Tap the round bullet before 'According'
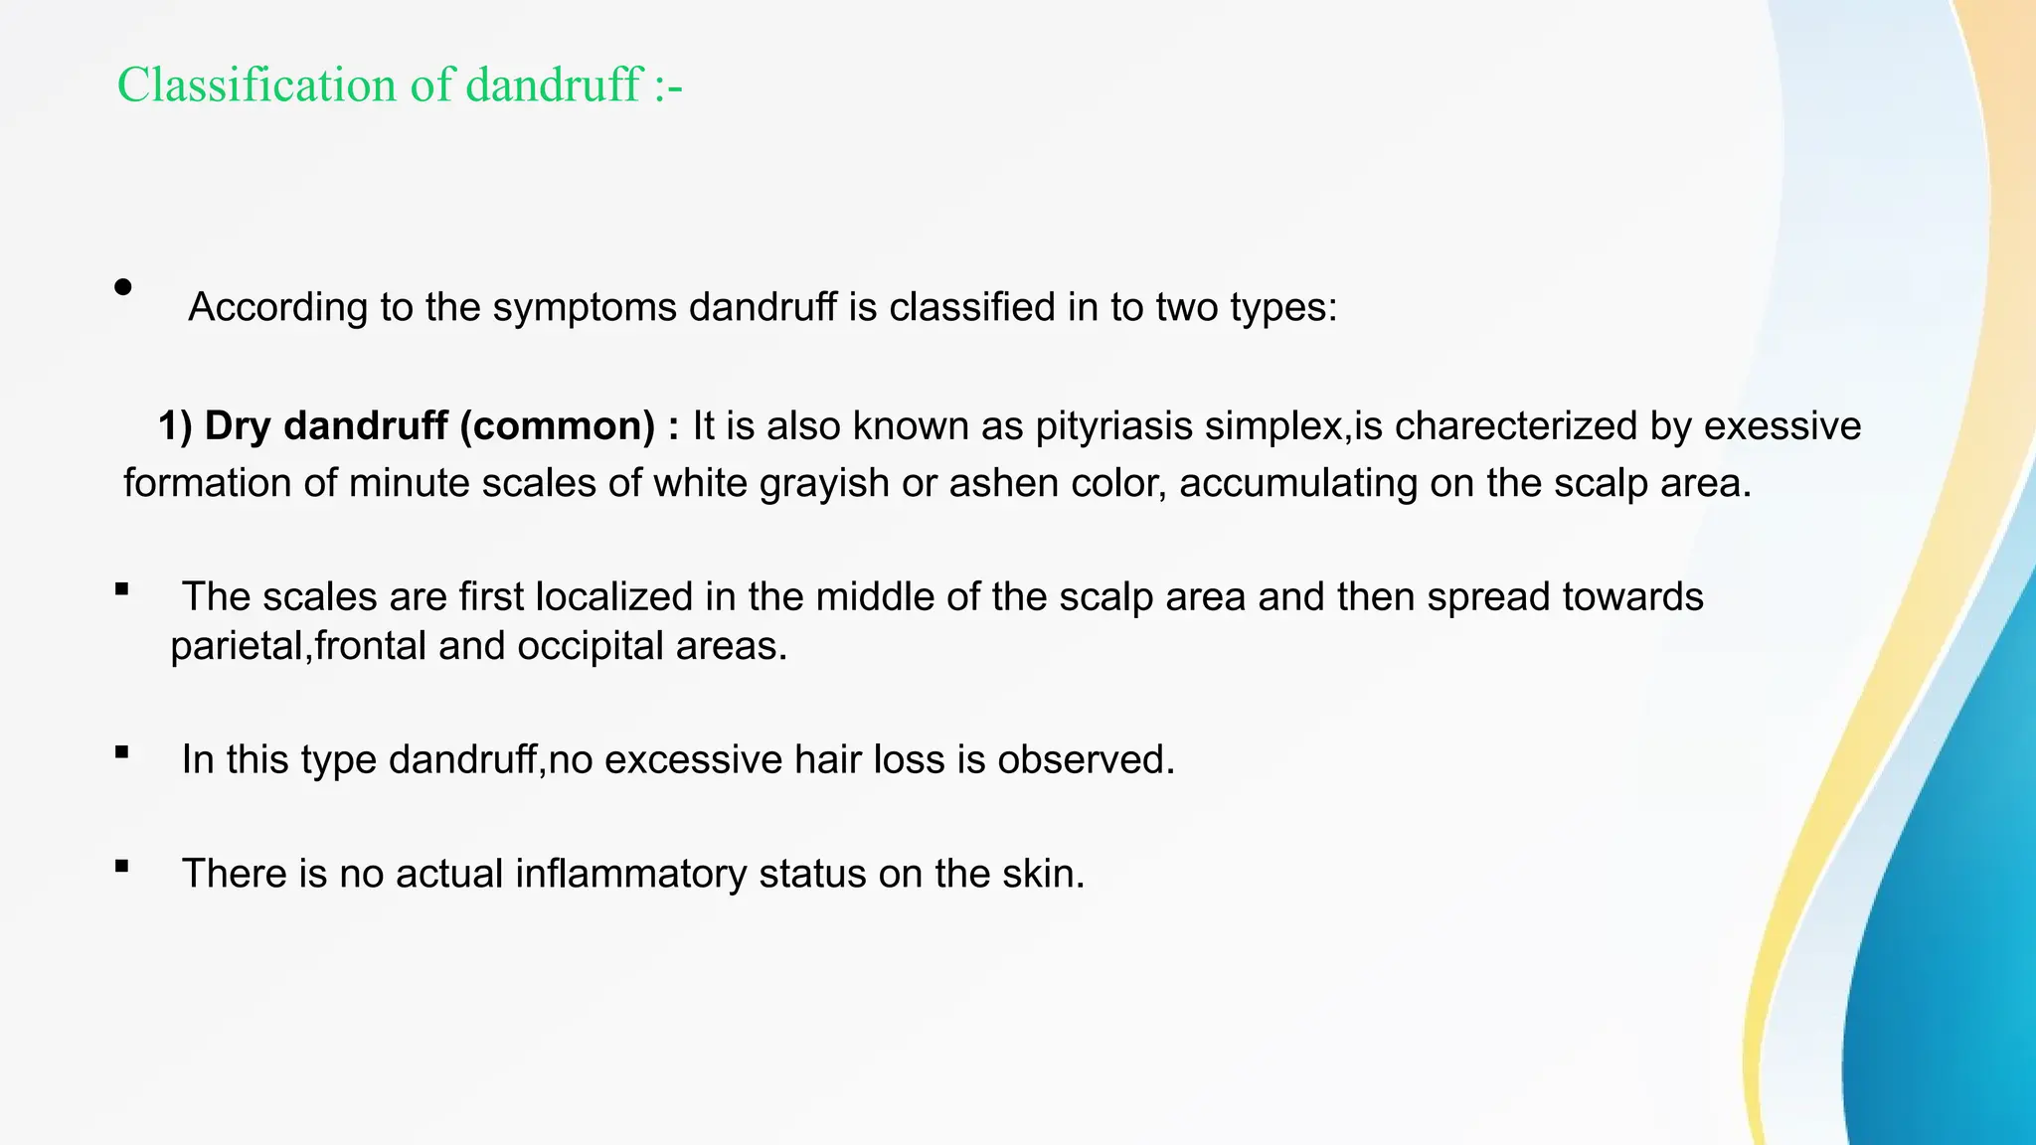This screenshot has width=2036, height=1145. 123,287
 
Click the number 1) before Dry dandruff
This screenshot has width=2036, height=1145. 175,425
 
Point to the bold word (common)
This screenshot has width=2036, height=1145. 557,425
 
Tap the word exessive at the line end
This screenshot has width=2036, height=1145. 1782,425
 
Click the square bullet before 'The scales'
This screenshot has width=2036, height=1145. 122,589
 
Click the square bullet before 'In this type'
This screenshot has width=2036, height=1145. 122,752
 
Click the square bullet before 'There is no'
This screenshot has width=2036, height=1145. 122,866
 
